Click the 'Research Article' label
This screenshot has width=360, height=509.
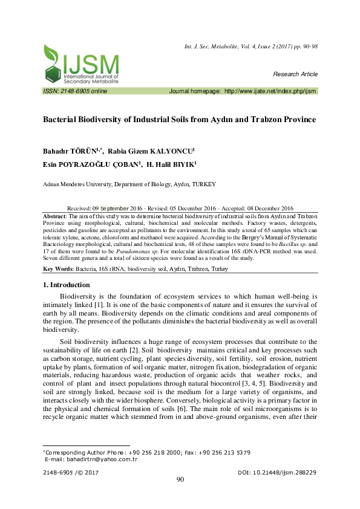coord(295,74)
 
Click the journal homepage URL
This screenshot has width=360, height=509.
coord(270,91)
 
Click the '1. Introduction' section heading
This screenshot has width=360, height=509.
coord(67,285)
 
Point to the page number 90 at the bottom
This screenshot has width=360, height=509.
coord(180,480)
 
